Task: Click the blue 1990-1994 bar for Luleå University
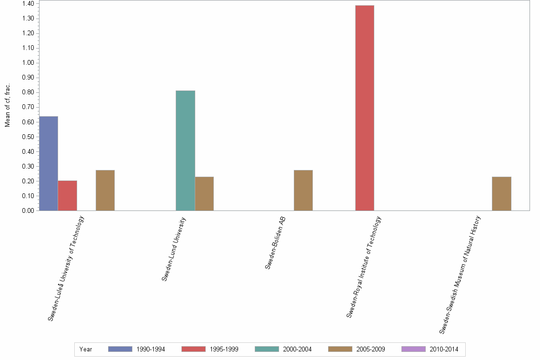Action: (49, 163)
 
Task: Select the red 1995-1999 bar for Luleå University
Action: (67, 196)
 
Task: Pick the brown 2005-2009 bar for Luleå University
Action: (105, 190)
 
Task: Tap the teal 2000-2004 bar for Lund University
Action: (185, 150)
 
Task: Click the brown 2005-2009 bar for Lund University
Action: (204, 193)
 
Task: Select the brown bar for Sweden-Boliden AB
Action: (303, 190)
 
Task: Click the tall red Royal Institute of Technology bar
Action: (365, 108)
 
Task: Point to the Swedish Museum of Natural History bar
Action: (501, 193)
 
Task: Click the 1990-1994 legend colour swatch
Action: (120, 349)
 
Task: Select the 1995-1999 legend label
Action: (224, 349)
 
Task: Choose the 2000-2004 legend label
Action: (298, 349)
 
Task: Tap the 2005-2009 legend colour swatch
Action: (340, 349)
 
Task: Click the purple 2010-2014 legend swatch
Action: (413, 349)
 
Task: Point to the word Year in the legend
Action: (86, 349)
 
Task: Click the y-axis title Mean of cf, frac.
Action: (8, 106)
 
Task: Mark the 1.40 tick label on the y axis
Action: (28, 4)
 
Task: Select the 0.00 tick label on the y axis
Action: (28, 210)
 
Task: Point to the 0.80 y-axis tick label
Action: (28, 92)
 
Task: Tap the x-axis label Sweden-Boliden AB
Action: (275, 243)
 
